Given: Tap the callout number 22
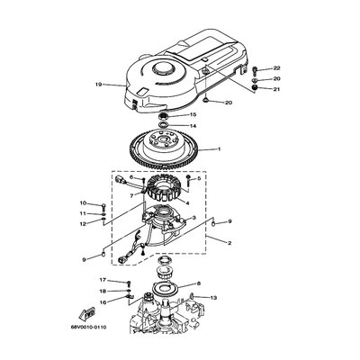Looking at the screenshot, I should click(277, 68).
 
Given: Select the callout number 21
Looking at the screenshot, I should click(277, 89).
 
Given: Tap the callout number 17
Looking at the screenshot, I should click(103, 281).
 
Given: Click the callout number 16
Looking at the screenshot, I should click(103, 302).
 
